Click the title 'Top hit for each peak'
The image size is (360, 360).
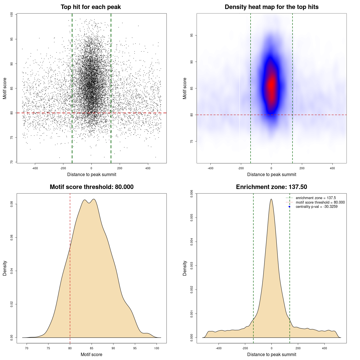(x=91, y=7)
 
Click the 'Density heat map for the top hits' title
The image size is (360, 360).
(x=271, y=7)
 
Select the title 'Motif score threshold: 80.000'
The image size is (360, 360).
(x=91, y=187)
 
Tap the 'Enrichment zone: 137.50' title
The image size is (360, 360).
(x=271, y=187)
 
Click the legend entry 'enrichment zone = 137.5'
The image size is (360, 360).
(x=316, y=198)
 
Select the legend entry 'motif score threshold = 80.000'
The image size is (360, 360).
(x=320, y=202)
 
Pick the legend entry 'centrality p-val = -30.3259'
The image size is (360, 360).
(x=316, y=207)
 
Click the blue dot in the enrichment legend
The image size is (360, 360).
(x=289, y=207)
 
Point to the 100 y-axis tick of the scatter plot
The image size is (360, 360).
(x=12, y=14)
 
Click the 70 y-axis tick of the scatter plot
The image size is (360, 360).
(x=12, y=162)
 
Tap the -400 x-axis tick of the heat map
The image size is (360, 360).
(x=210, y=168)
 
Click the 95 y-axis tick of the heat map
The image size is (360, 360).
(x=192, y=35)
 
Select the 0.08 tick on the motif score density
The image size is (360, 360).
(x=12, y=204)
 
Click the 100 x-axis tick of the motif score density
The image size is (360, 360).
(x=157, y=348)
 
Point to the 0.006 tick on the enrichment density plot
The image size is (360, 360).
(x=192, y=194)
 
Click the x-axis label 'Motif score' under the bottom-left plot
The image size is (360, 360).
(x=91, y=354)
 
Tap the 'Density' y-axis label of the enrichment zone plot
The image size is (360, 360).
(x=185, y=268)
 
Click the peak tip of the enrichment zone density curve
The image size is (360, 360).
(x=271, y=199)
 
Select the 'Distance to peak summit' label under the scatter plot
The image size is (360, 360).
(x=92, y=174)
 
